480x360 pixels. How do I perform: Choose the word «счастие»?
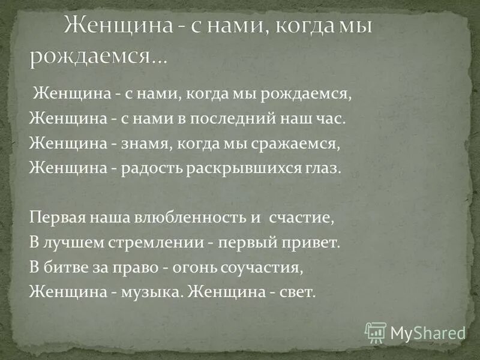(x=301, y=218)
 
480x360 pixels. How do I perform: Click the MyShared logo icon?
(x=376, y=332)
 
